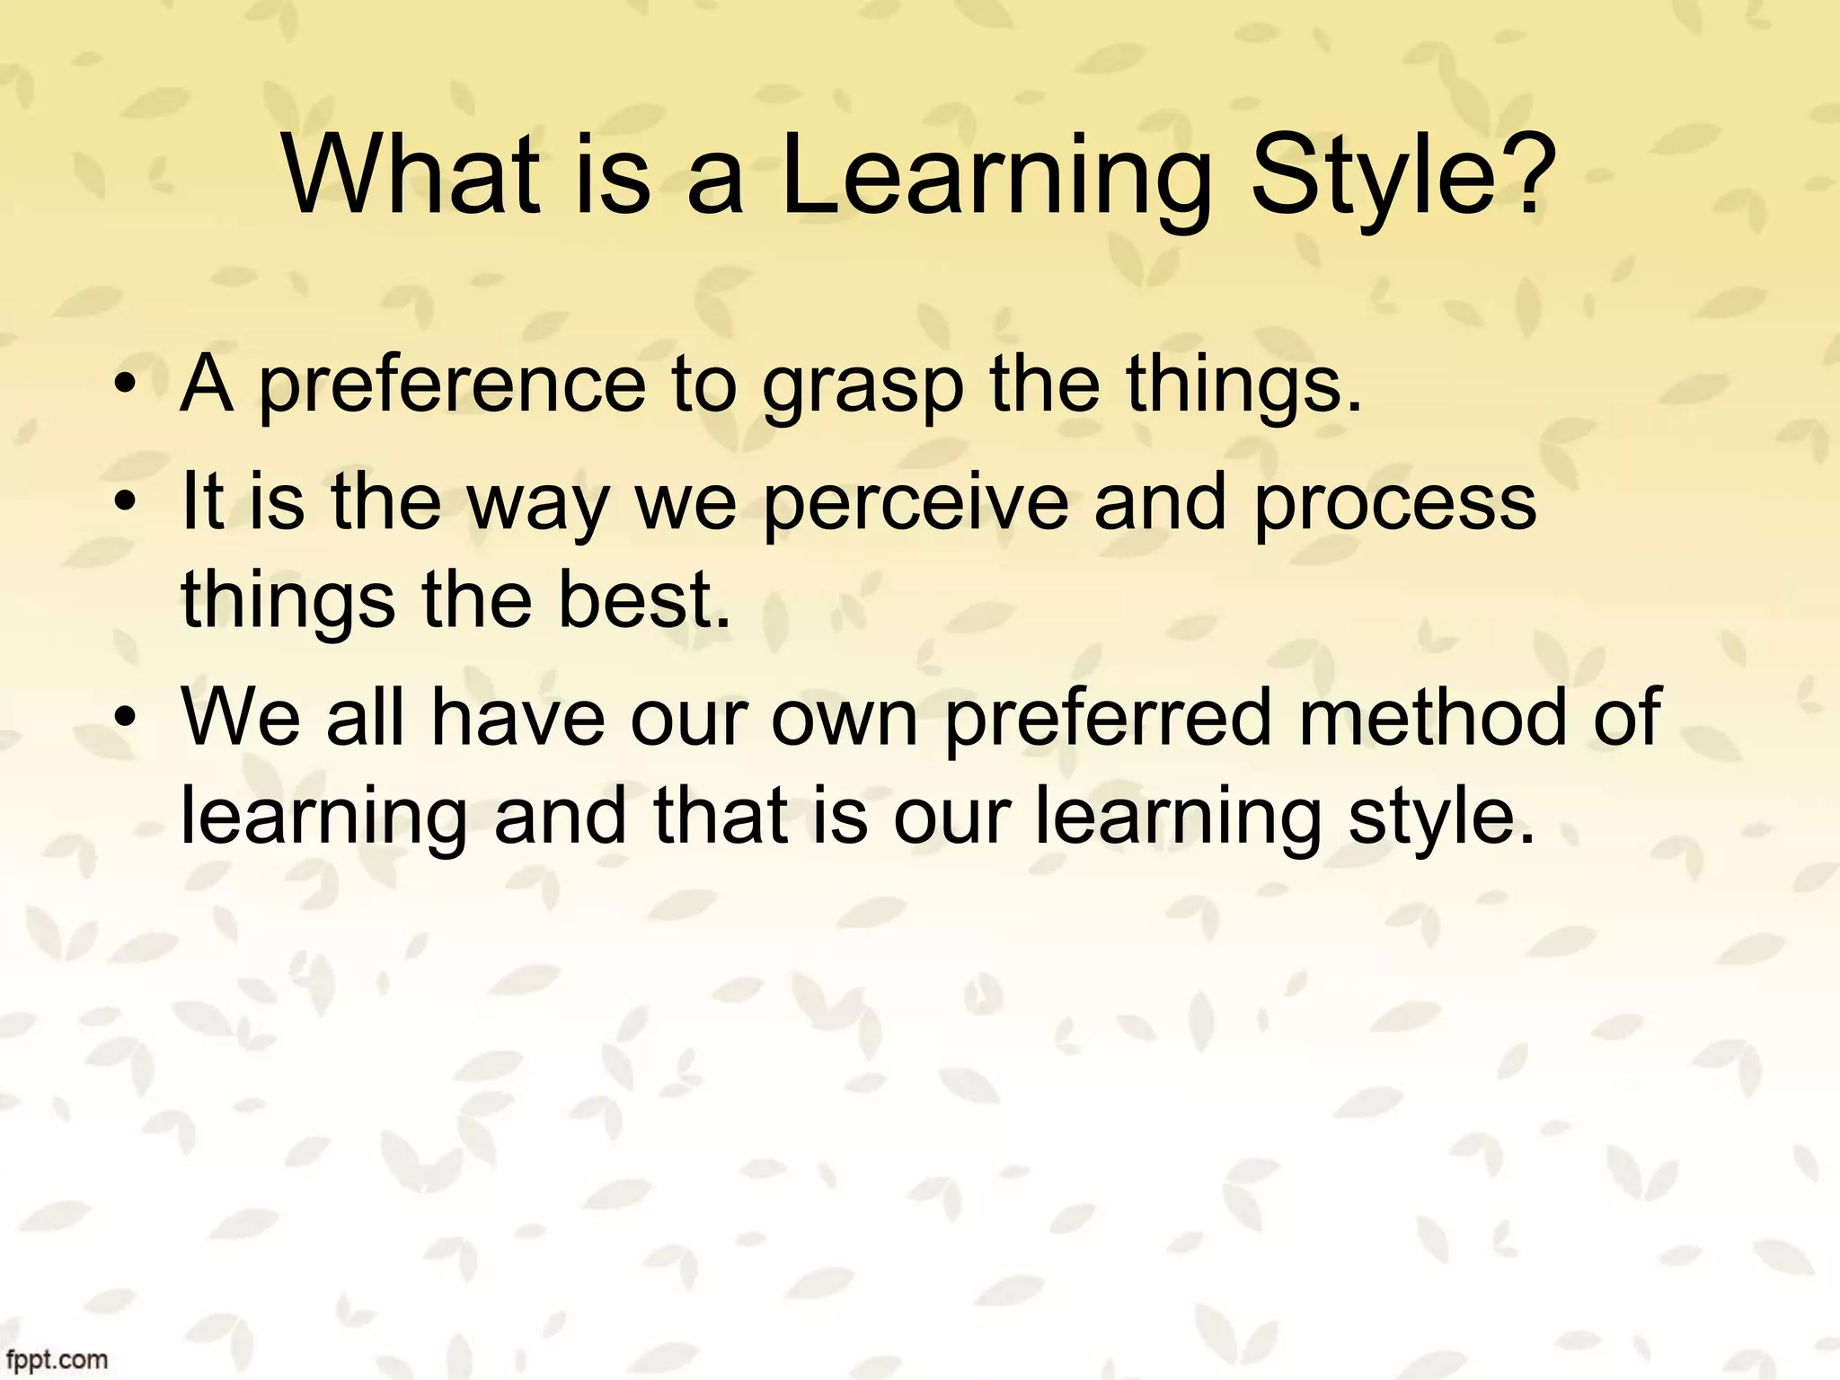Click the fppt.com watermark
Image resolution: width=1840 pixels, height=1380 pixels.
coord(55,1359)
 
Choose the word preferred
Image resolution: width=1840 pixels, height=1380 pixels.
coord(1108,719)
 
